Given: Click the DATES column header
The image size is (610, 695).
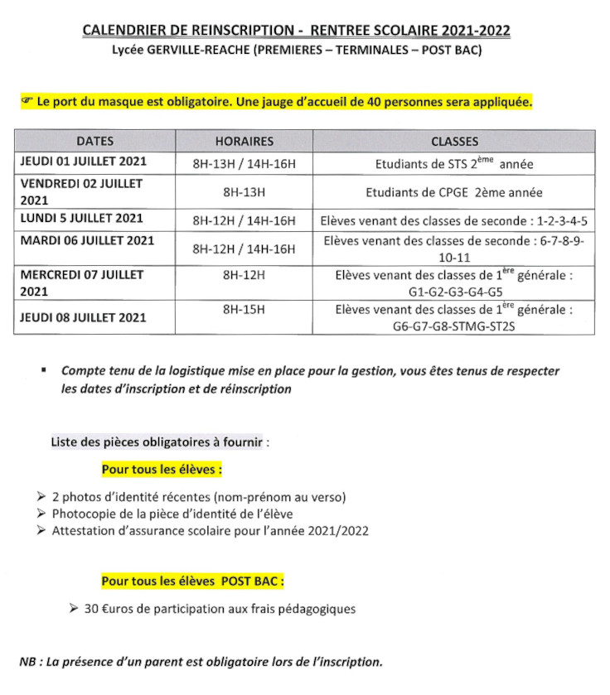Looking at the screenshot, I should tap(94, 141).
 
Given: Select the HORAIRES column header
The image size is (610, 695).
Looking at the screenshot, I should tap(244, 141).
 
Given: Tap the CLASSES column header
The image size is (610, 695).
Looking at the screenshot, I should tap(454, 141).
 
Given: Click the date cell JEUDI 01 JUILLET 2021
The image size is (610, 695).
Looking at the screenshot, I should tap(83, 162).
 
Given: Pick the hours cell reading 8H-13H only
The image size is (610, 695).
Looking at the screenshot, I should tap(244, 192).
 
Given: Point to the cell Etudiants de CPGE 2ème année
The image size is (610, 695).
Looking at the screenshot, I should tap(454, 192).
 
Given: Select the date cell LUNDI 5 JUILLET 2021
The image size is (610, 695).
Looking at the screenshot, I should tap(82, 219).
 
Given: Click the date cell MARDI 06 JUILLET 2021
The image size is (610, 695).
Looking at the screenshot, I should tap(87, 241).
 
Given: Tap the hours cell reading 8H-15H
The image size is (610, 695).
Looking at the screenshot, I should tap(244, 309).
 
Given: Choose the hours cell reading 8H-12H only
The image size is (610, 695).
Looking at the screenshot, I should tap(244, 274).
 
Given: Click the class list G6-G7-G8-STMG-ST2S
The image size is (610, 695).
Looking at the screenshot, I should tap(454, 326).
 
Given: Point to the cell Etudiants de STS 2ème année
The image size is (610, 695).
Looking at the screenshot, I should tap(454, 163).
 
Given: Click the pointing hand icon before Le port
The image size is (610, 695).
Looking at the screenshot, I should tap(27, 101).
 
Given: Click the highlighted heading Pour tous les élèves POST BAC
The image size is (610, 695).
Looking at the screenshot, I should tap(193, 582).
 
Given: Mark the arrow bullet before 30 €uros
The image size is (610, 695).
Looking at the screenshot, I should tap(75, 609).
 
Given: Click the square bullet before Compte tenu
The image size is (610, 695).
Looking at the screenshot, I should tap(43, 371).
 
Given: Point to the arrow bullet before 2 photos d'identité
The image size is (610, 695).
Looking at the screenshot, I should tap(42, 497).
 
